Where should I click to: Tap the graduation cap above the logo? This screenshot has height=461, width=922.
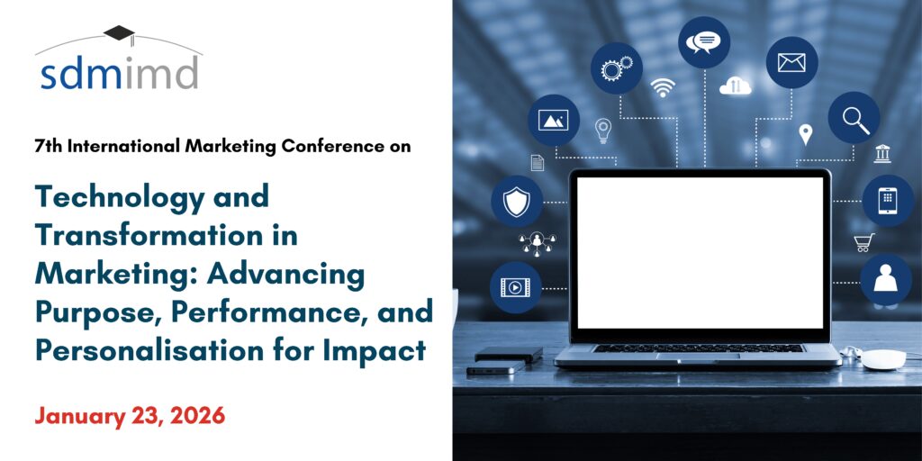click(120, 33)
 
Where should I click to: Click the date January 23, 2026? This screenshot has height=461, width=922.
click(130, 416)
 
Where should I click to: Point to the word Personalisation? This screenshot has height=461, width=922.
click(149, 350)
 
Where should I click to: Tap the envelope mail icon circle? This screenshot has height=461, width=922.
click(791, 62)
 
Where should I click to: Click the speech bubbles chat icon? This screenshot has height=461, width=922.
click(704, 42)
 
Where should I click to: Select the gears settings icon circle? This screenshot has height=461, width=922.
click(616, 68)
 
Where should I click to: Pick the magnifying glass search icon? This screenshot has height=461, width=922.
click(854, 118)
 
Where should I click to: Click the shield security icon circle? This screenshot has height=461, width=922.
click(517, 201)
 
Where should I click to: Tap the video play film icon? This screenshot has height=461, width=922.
click(516, 287)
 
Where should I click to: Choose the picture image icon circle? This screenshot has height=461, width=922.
click(554, 120)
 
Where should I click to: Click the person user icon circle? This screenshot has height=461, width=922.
click(886, 280)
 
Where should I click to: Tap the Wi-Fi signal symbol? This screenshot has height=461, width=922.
click(663, 87)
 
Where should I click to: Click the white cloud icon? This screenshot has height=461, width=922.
click(736, 86)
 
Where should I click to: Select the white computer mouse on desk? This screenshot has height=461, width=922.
click(884, 358)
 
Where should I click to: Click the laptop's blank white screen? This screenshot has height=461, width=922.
click(700, 252)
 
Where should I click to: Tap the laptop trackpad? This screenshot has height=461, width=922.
click(699, 357)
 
